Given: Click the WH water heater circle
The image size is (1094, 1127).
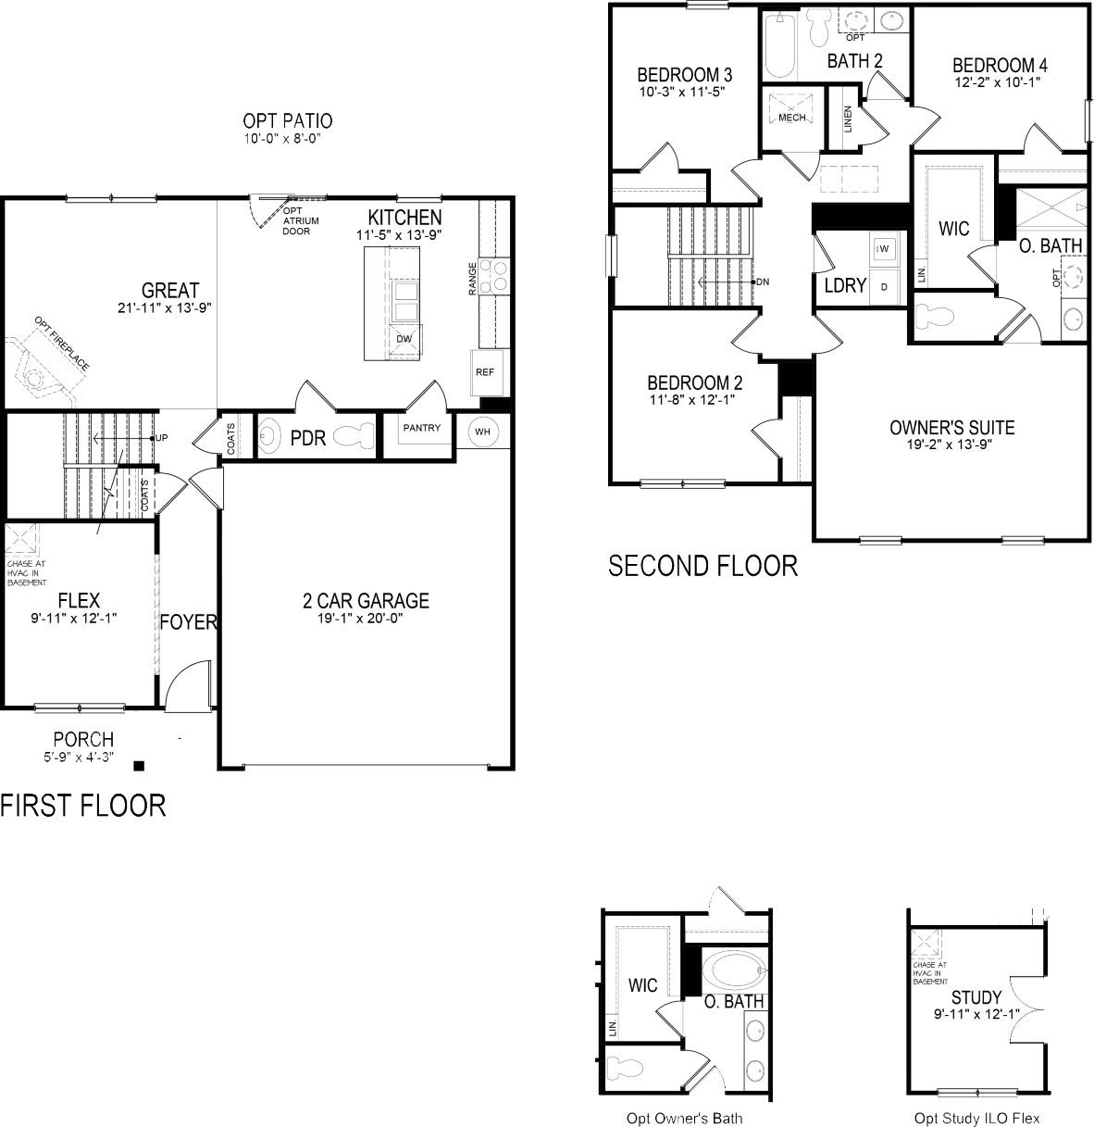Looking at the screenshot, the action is point(483,432).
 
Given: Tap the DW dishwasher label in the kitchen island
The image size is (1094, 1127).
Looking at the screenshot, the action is point(404,339).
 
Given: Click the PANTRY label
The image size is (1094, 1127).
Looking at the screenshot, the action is point(422,428).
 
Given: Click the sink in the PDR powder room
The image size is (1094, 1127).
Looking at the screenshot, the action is point(268,437).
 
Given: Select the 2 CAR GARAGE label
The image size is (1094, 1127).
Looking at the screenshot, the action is point(366,601).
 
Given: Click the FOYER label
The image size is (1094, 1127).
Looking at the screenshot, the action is point(188,622).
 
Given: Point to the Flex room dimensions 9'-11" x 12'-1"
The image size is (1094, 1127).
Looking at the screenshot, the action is point(73,619).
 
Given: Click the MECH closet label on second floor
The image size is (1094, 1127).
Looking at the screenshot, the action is point(792,118).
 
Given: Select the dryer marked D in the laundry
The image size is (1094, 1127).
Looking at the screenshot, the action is point(884,287).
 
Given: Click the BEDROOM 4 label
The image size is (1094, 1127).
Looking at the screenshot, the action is point(1000,65).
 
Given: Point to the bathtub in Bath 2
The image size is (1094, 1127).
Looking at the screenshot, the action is point(779,45).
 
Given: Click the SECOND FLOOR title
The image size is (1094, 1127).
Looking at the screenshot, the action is point(702,566).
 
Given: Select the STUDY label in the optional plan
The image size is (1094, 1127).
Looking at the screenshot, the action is point(976,997).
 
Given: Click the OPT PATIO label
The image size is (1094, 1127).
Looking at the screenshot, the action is point(288,121).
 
